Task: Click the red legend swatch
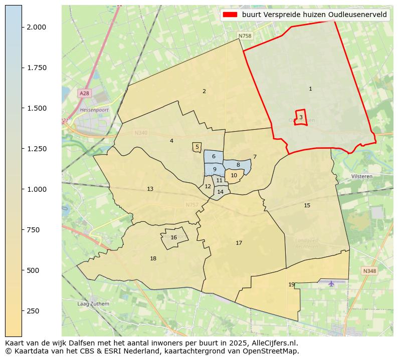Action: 231,15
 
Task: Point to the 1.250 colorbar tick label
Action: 36,149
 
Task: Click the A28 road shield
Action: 84,94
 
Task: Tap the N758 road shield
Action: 245,36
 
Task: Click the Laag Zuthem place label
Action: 90,304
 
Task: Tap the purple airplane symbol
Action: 331,284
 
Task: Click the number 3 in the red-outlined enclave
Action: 301,117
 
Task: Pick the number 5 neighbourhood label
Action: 197,147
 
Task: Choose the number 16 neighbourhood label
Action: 174,238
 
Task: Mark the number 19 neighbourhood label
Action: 292,284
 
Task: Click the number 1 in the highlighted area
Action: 310,89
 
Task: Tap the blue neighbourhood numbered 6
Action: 214,157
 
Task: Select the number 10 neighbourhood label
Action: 234,175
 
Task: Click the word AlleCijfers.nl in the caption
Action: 275,343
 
